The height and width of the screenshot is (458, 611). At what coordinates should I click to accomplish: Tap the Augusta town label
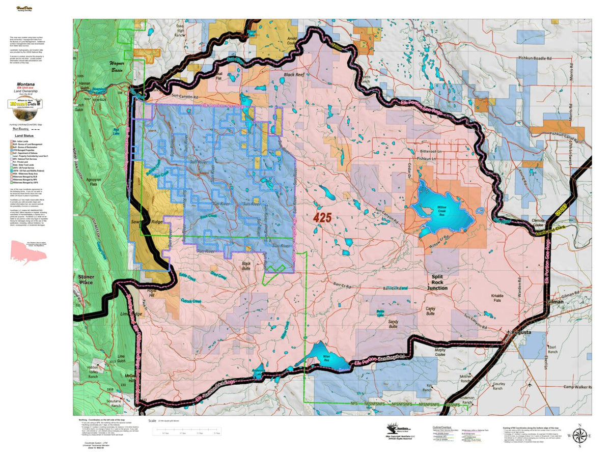[520, 332]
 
